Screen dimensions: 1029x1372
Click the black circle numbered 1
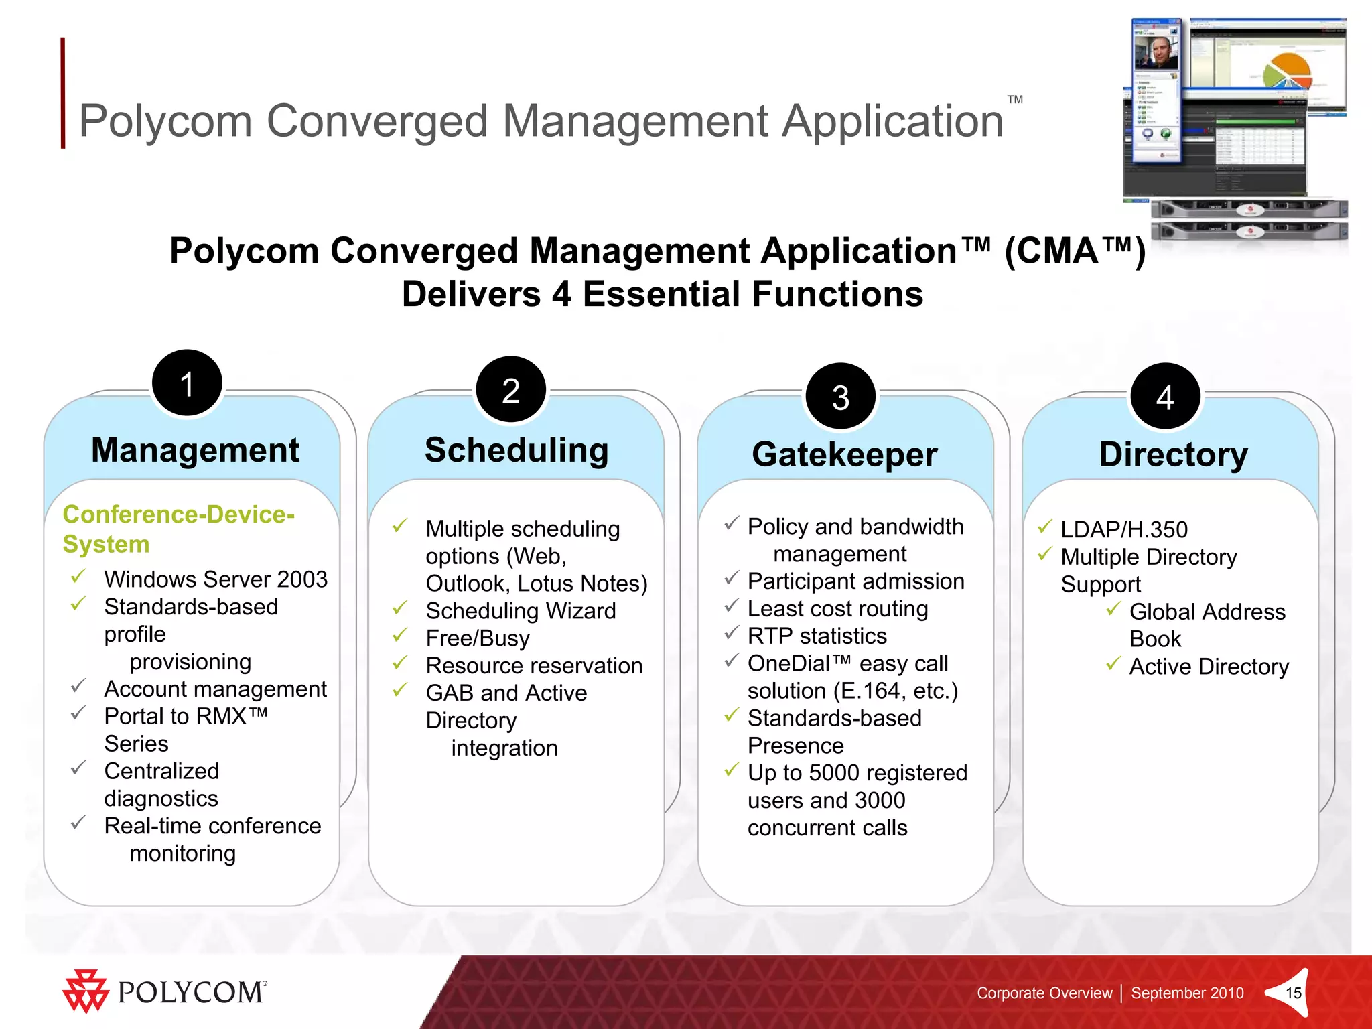[x=187, y=383]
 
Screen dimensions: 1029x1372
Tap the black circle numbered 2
[x=511, y=390]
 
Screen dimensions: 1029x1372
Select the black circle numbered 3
[x=841, y=397]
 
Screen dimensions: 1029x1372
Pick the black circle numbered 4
[x=1165, y=397]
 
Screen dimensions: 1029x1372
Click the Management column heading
[x=195, y=450]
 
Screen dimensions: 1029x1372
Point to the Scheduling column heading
[x=517, y=450]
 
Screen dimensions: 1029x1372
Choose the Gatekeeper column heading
[x=844, y=454]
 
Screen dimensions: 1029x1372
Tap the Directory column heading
[x=1173, y=454]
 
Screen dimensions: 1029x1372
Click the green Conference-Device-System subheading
[x=178, y=529]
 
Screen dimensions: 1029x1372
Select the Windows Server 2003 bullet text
[x=216, y=579]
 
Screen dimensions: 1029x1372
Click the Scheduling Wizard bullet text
[x=521, y=610]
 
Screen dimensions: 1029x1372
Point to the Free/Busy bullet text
[x=478, y=638]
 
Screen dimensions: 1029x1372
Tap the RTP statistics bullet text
[x=817, y=636]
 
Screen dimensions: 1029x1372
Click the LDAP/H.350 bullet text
[x=1123, y=529]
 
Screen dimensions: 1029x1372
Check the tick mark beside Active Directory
[x=1113, y=664]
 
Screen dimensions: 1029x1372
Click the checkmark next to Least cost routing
[x=732, y=606]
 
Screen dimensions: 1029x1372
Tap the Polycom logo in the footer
[x=165, y=991]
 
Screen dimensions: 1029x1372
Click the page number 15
[x=1294, y=993]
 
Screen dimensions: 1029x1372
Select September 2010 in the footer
[x=1187, y=993]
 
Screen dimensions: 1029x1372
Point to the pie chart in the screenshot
[x=1287, y=72]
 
